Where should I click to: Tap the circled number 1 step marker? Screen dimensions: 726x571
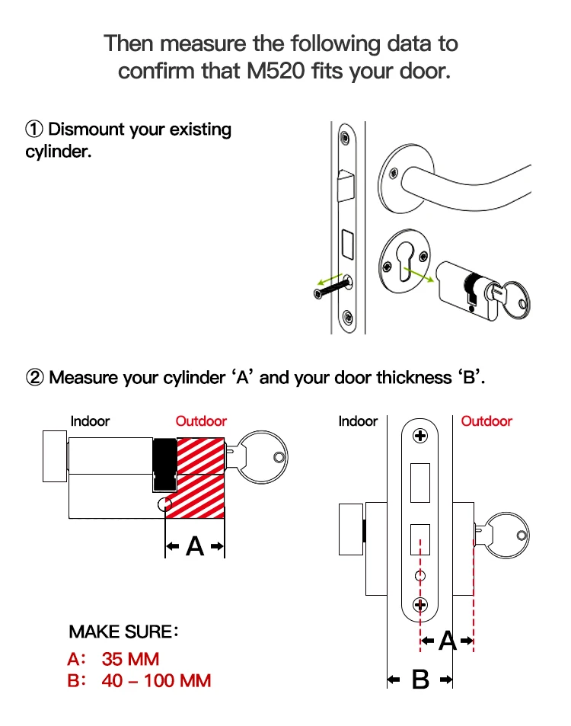35,130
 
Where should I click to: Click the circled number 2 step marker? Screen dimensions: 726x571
35,378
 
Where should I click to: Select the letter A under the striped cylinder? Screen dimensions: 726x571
196,546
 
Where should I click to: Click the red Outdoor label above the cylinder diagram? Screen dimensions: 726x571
201,421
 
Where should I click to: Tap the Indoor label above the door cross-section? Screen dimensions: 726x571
358,421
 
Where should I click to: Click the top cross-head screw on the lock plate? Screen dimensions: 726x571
419,437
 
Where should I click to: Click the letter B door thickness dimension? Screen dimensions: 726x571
420,680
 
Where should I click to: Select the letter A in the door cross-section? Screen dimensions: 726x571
447,642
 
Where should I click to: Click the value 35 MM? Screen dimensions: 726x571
130,658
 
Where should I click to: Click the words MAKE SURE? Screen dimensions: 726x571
120,632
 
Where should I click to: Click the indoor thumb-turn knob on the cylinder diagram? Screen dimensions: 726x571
55,456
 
